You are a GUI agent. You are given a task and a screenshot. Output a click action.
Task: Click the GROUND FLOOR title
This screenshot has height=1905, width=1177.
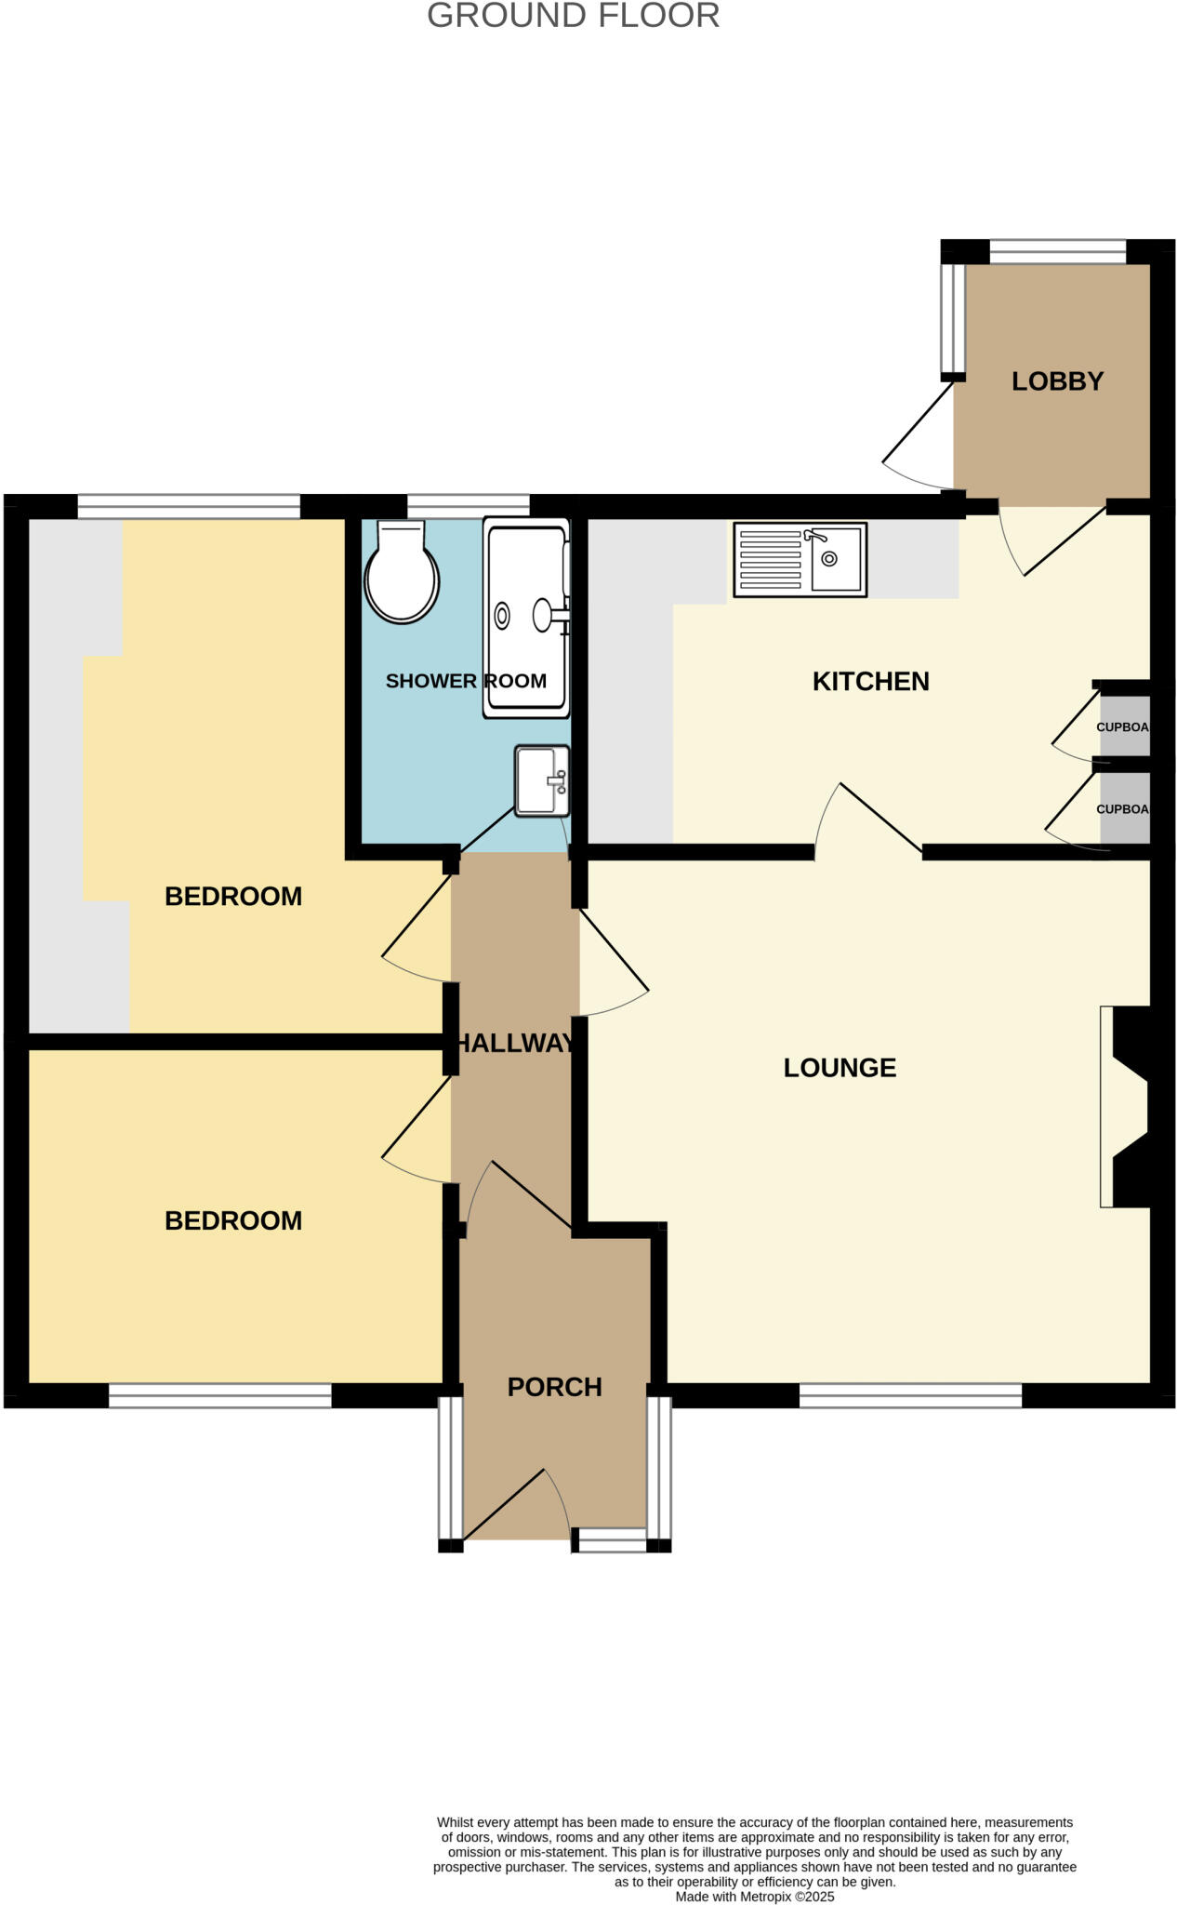point(573,16)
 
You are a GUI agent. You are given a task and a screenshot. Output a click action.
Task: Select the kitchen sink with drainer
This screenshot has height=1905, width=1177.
point(800,559)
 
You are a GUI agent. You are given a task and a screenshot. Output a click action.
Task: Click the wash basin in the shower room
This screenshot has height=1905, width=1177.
point(542,780)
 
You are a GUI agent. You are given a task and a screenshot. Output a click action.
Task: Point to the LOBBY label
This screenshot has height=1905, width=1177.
point(1057,381)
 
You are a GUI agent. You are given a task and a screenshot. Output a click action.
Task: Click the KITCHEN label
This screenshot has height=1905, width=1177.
point(870,682)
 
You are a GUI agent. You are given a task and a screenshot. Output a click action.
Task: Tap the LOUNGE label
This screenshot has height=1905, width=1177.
point(840,1068)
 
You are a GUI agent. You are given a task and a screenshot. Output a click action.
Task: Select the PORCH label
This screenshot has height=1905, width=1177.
point(554,1387)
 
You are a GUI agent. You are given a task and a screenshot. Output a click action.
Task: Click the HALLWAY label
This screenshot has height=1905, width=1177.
point(515,1044)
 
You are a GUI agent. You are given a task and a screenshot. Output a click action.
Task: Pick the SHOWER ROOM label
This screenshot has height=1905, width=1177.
point(466,681)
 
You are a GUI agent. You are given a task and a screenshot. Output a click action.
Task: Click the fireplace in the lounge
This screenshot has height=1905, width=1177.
point(1127,1107)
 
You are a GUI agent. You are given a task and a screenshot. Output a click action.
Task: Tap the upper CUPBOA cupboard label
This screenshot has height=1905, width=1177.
point(1123,727)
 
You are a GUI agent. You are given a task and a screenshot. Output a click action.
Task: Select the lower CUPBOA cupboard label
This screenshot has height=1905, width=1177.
point(1123,809)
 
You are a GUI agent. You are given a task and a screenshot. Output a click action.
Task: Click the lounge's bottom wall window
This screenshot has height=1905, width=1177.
point(910,1395)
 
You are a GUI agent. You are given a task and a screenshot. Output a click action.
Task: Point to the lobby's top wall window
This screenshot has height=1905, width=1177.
point(1057,250)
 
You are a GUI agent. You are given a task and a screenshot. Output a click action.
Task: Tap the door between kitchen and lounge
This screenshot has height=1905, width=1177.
point(869,819)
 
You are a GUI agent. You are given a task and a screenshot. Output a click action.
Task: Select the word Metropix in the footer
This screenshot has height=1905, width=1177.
point(764,1897)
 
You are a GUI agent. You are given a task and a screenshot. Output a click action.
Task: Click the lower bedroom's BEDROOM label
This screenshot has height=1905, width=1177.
point(233,1220)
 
